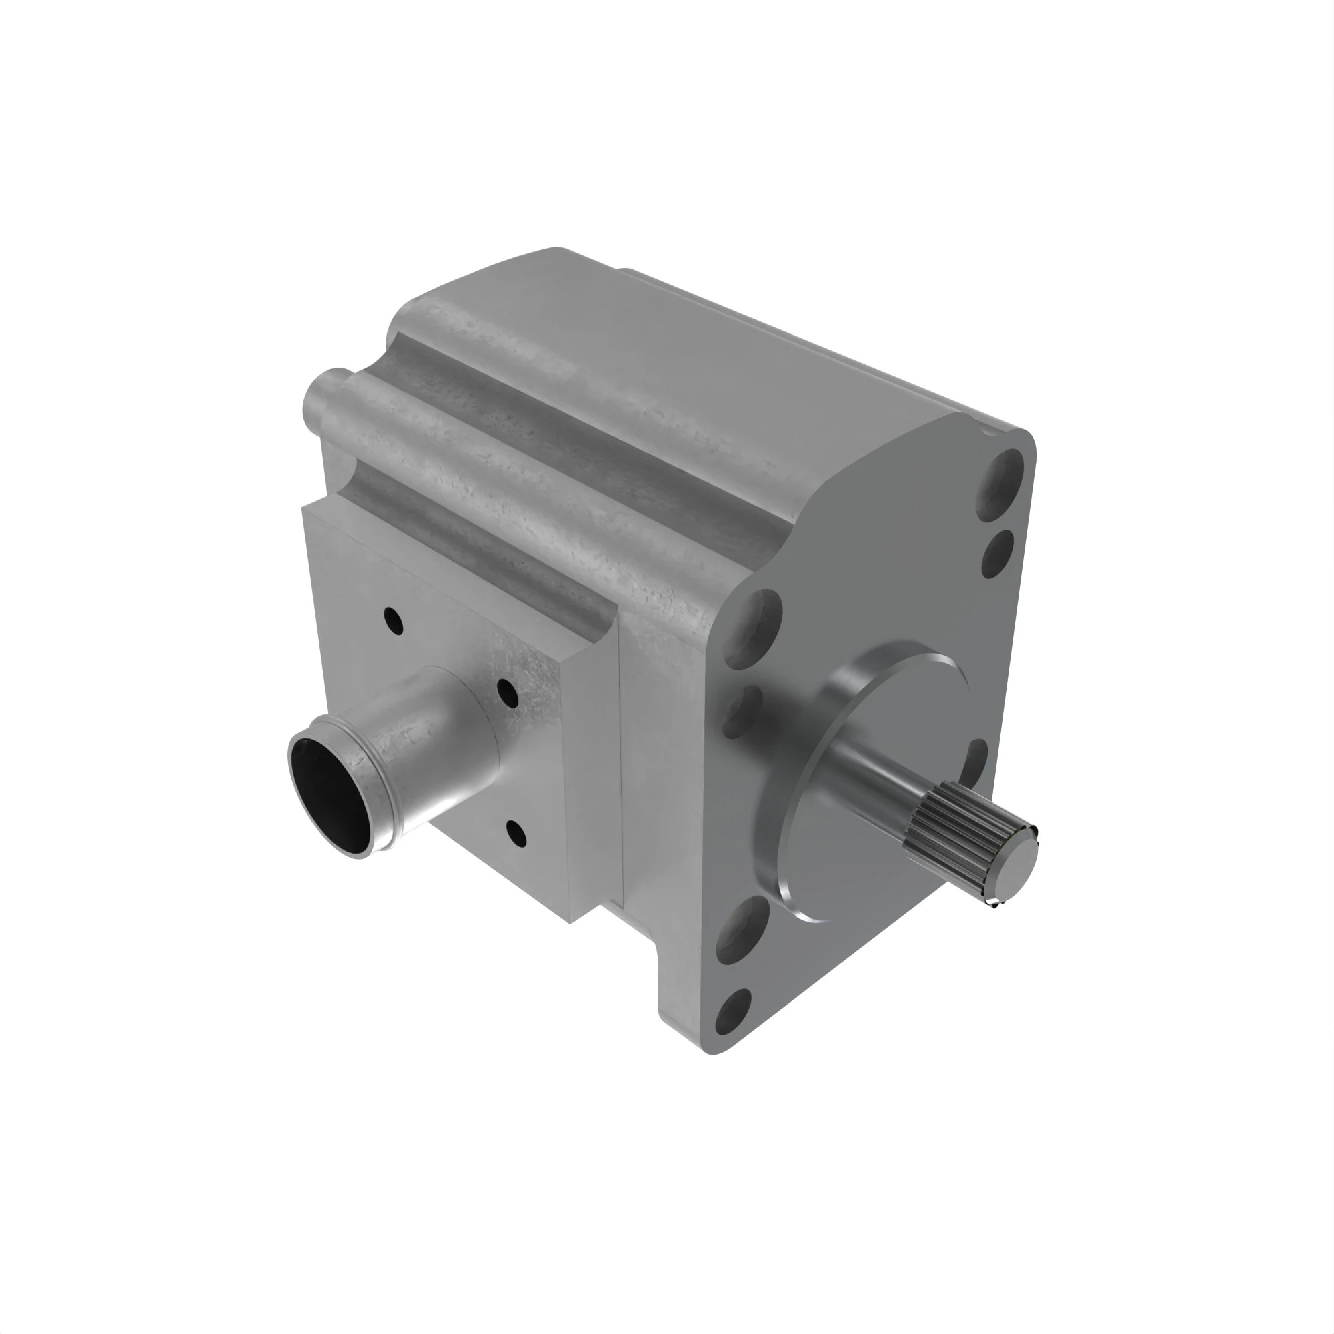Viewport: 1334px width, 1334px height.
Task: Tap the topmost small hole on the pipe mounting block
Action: click(x=394, y=620)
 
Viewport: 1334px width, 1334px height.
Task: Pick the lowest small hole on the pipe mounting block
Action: click(x=516, y=834)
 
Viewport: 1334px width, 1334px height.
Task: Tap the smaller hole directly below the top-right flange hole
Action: click(x=996, y=554)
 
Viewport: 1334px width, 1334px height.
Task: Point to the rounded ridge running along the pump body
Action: click(x=484, y=484)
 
